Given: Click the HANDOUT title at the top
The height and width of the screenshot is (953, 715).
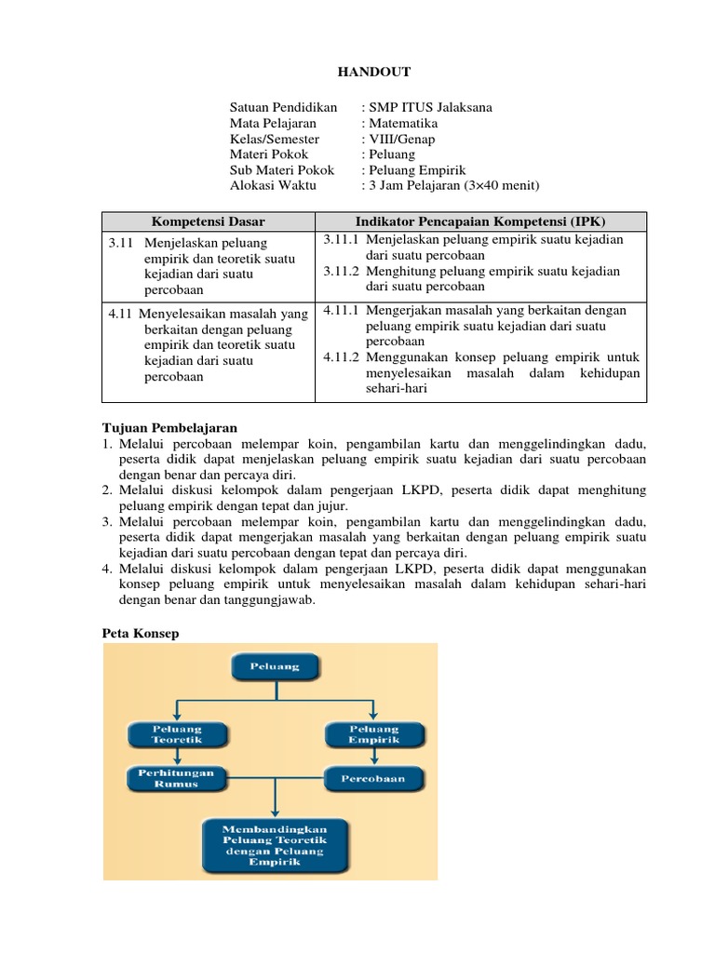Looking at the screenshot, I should tap(372, 73).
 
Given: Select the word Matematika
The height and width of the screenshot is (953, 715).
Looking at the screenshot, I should tap(403, 123).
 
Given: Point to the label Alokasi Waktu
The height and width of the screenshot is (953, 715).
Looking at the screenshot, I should tap(273, 185).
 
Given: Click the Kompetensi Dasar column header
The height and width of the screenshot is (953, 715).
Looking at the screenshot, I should tap(209, 221).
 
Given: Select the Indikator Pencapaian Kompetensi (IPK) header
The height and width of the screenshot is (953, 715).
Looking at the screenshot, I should tap(480, 221).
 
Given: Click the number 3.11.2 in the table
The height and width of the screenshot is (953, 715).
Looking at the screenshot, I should tap(342, 271).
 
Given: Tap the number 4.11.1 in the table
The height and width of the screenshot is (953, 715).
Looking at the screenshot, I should tap(342, 310).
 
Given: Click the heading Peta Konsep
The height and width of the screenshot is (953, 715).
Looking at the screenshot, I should tap(140, 633).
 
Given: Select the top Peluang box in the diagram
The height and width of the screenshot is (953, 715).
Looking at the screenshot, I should tap(273, 666).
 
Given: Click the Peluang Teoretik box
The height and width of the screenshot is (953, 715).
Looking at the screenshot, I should tap(177, 734).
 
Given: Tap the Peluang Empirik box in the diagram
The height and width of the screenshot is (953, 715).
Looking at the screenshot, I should tap(374, 734).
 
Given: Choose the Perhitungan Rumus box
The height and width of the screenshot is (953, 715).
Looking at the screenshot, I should tap(177, 778).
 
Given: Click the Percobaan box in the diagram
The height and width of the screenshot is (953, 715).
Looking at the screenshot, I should tap(374, 778).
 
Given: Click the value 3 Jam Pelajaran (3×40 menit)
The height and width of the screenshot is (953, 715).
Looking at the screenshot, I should tap(454, 185).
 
